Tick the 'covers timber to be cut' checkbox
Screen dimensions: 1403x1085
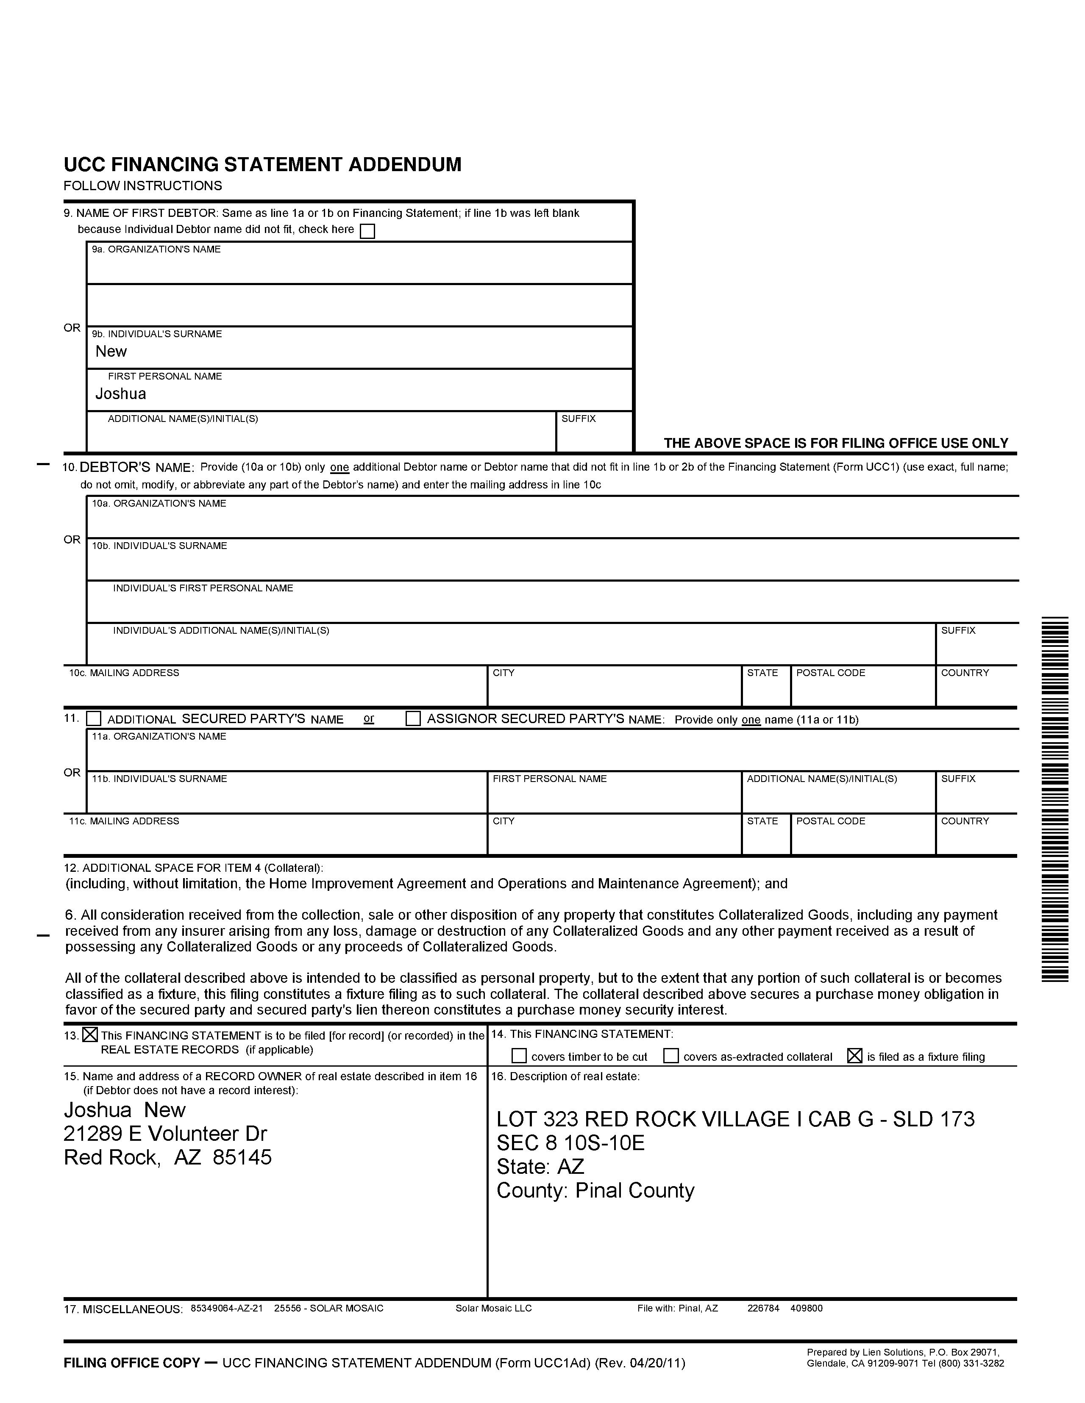click(x=519, y=1056)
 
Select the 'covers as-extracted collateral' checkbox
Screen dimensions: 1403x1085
click(x=670, y=1056)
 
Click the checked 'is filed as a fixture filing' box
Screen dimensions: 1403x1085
click(x=854, y=1056)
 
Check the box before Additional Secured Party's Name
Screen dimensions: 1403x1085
click(x=94, y=718)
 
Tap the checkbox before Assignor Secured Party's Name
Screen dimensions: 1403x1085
click(x=413, y=718)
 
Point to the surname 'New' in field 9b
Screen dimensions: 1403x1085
click(x=111, y=352)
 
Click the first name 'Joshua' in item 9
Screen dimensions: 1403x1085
click(x=121, y=394)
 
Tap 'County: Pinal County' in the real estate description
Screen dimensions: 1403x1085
click(x=595, y=1190)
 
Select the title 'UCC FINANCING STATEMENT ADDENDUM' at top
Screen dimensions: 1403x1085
click(x=262, y=164)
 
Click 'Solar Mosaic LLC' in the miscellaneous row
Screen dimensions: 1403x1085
click(x=494, y=1308)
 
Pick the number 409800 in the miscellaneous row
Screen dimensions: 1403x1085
click(x=806, y=1308)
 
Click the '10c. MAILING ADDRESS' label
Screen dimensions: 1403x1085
click(x=124, y=673)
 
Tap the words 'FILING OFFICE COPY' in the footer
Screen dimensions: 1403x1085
click(x=132, y=1362)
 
